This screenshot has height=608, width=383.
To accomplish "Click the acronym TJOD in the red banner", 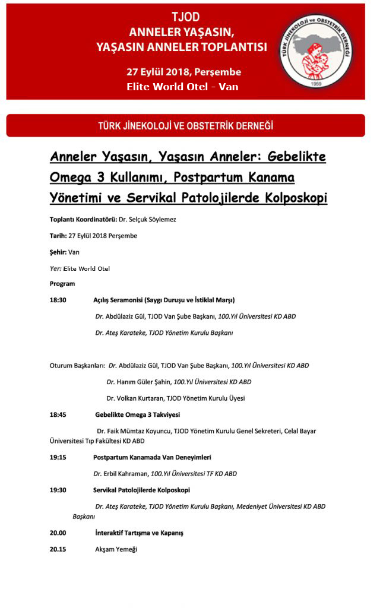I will point(185,17).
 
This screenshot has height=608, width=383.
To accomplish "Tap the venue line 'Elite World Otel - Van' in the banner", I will point(183,86).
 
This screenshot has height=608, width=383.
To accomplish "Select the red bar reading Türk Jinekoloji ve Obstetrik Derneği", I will point(185,126).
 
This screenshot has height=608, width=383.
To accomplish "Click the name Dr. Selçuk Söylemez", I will point(147,220).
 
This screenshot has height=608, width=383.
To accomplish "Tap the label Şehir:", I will point(58,252).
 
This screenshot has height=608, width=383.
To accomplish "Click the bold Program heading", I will point(62,284).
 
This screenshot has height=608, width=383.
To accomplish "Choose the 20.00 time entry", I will point(58,533).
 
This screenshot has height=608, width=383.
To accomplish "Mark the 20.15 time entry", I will point(58,549).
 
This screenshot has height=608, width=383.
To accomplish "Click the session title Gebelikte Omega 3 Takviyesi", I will point(137,414).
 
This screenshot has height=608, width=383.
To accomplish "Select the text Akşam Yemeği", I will point(116,549).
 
